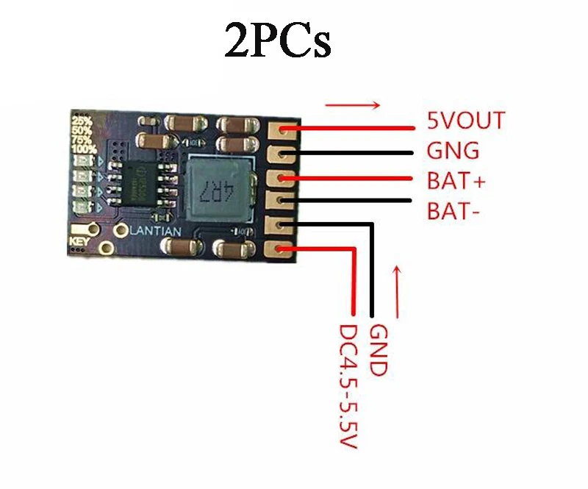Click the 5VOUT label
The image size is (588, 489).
(466, 121)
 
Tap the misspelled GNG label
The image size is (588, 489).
(453, 151)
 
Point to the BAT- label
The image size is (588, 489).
(453, 212)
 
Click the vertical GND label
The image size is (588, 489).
(377, 350)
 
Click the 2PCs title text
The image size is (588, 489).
(278, 43)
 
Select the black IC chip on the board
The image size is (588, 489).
(143, 182)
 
